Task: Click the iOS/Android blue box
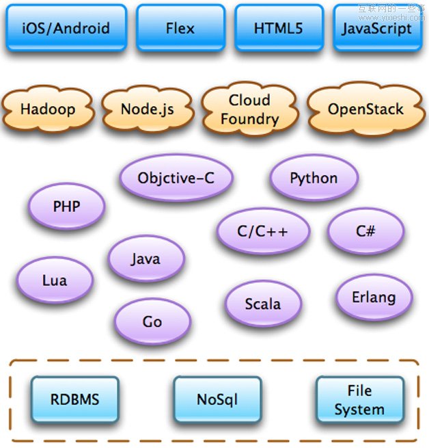tap(66, 29)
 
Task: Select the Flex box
tap(180, 29)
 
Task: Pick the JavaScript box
tap(377, 29)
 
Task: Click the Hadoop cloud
tap(47, 109)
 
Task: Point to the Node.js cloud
tap(147, 109)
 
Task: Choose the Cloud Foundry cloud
tap(249, 109)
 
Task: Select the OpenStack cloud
tap(365, 109)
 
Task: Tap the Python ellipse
tap(314, 179)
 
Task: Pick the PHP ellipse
tap(66, 206)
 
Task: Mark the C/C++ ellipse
tap(263, 231)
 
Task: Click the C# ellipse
tap(365, 231)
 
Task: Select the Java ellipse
tap(146, 259)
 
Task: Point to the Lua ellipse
tap(55, 280)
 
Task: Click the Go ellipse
tap(152, 321)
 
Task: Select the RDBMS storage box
tap(74, 399)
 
